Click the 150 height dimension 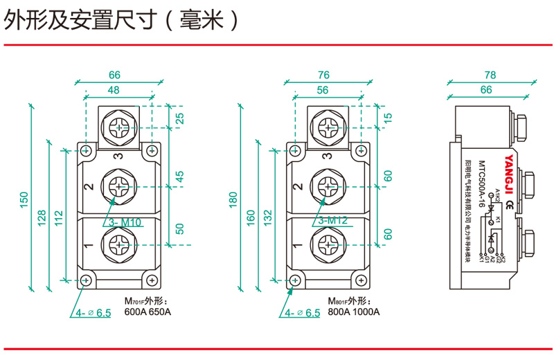click(24, 199)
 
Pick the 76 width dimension click(323, 75)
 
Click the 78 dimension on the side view click(490, 75)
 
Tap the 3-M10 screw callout click(125, 222)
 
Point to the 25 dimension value click(181, 118)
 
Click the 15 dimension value click(388, 118)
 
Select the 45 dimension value click(181, 177)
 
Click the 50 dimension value click(181, 231)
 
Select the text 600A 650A click(147, 312)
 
